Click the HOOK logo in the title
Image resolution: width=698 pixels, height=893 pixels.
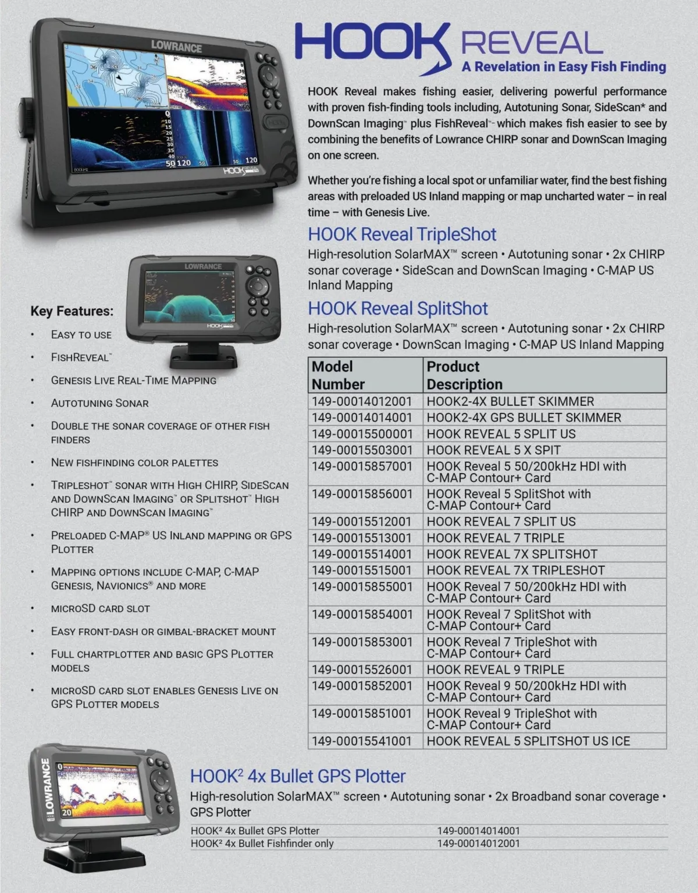372,44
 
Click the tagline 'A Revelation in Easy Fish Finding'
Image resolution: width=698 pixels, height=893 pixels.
564,67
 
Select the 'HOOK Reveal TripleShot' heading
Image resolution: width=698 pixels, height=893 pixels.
402,234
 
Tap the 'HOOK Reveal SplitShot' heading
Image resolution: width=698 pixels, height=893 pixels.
398,308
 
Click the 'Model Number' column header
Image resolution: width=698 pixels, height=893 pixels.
339,375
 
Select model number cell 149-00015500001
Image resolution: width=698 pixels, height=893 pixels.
362,434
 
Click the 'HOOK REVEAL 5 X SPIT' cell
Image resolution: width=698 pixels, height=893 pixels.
493,450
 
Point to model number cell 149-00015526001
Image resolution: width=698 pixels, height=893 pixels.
362,670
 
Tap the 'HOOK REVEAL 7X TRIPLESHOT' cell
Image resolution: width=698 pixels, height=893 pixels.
515,571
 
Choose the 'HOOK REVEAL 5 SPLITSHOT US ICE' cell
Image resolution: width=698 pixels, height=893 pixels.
528,741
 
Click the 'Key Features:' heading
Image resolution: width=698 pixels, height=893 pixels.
72,311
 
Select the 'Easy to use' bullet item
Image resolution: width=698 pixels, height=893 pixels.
81,335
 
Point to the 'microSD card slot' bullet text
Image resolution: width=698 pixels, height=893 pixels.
100,609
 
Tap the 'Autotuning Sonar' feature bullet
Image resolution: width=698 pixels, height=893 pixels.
99,403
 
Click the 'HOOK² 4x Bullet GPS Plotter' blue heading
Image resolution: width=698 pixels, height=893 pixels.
298,776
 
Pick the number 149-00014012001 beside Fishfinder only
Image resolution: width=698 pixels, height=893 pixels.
478,844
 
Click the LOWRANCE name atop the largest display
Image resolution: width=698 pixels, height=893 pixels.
176,47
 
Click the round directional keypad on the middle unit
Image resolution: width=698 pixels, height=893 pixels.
257,286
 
